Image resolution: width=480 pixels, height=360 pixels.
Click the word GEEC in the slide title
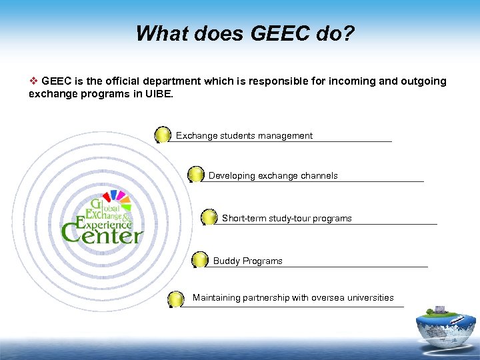pos(277,33)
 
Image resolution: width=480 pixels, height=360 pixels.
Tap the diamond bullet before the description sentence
pos(33,81)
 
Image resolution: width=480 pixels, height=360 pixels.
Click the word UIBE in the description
pos(157,94)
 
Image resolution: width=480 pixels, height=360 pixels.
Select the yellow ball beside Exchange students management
pos(163,135)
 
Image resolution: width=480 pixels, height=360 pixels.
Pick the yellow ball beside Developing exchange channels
pos(196,175)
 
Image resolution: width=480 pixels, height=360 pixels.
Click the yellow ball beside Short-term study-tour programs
pos(209,217)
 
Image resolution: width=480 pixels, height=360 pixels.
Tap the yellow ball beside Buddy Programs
pos(200,260)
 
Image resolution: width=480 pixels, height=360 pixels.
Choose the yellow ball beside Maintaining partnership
pos(176,299)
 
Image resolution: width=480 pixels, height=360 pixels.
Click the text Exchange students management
pos(244,136)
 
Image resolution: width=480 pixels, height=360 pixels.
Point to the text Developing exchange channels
pos(273,176)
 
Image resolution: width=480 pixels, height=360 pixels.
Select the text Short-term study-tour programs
pos(287,219)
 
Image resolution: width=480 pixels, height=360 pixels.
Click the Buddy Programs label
pos(247,261)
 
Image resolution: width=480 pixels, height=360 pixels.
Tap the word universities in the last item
pos(371,298)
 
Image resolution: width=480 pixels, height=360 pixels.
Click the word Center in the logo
pos(101,234)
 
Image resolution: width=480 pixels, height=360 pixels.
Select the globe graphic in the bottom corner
pos(445,331)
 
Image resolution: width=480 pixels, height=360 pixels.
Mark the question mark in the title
pos(349,33)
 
